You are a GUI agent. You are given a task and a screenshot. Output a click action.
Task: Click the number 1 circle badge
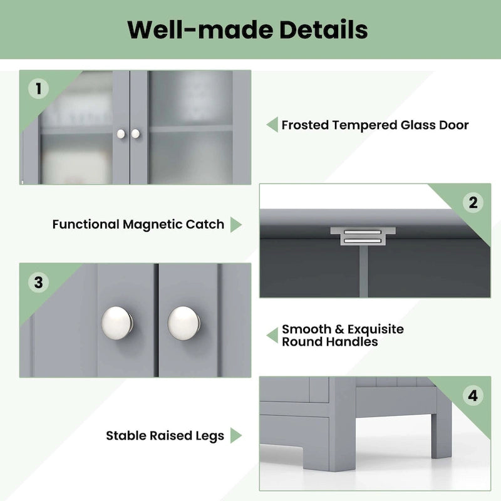pyautogui.click(x=38, y=89)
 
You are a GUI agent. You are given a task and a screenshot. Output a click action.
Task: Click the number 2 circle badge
pyautogui.click(x=473, y=202)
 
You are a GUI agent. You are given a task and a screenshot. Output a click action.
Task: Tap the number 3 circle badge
pyautogui.click(x=38, y=282)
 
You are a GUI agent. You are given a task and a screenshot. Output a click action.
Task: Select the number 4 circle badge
pyautogui.click(x=473, y=396)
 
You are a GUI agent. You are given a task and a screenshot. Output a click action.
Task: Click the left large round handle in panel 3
pyautogui.click(x=117, y=321)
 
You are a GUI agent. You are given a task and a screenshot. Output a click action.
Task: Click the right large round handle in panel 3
pyautogui.click(x=183, y=321)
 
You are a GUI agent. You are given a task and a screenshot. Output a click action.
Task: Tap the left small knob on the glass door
pyautogui.click(x=121, y=133)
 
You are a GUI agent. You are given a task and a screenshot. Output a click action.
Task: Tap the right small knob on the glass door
pyautogui.click(x=135, y=133)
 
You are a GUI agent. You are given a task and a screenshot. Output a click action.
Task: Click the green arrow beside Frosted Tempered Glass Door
pyautogui.click(x=272, y=125)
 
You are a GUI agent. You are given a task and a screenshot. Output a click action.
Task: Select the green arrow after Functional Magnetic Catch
pyautogui.click(x=235, y=224)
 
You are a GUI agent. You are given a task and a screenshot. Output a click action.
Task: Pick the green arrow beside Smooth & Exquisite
pyautogui.click(x=272, y=335)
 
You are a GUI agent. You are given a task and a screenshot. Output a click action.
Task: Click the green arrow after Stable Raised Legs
pyautogui.click(x=235, y=435)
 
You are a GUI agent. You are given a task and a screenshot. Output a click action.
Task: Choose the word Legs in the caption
pyautogui.click(x=208, y=435)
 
